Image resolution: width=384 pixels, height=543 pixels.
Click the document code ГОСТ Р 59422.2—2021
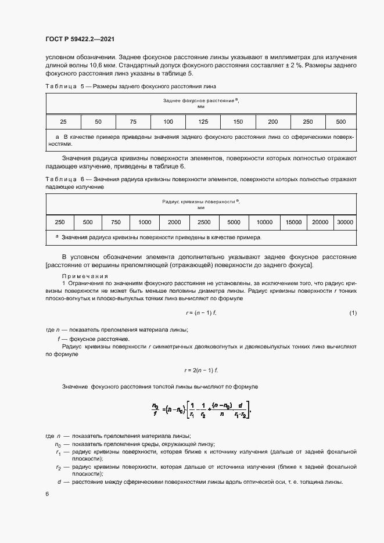coord(79,39)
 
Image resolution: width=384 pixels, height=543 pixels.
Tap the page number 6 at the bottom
coord(47,494)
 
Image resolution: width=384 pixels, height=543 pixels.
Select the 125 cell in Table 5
coord(203,121)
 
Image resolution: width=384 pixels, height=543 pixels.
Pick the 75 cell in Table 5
coord(133,121)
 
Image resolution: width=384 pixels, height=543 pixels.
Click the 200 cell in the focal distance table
coord(273,121)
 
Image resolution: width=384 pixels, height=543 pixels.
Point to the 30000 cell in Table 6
coord(345,222)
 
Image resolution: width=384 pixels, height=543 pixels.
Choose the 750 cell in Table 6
coord(116,222)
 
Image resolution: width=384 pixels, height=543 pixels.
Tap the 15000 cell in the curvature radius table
coord(293,222)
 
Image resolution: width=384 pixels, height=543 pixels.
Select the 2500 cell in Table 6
coord(204,222)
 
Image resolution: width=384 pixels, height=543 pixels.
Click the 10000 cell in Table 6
coord(264,222)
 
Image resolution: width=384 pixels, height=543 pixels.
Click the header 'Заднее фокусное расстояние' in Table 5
coord(201,100)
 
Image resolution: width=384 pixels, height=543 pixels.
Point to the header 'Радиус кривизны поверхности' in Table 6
coord(201,201)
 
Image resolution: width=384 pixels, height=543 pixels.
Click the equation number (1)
coord(353,314)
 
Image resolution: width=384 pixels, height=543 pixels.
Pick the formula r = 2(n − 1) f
coord(200,370)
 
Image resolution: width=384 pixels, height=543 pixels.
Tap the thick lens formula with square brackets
coord(201,411)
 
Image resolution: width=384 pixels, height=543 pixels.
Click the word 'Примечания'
coord(81,276)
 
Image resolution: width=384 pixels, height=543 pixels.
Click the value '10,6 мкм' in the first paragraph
coord(86,66)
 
